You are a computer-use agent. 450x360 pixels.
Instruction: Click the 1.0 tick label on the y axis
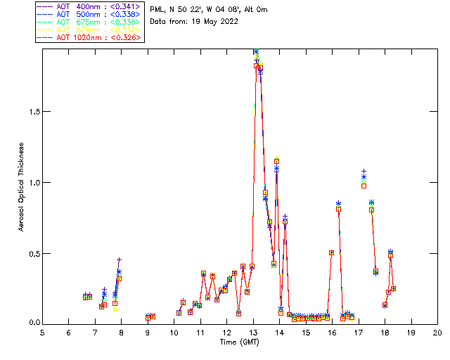point(32,183)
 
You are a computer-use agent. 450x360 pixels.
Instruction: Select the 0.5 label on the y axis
point(32,253)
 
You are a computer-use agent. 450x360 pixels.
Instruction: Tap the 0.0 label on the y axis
point(32,323)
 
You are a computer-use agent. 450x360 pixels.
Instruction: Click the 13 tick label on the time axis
point(253,332)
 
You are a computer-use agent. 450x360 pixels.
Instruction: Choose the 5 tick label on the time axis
point(42,332)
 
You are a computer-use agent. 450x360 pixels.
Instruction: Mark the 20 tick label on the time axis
point(437,332)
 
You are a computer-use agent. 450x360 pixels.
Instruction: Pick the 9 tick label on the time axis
point(148,332)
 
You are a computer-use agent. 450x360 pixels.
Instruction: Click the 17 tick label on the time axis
point(359,332)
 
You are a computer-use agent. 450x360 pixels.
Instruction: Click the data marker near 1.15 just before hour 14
point(277,162)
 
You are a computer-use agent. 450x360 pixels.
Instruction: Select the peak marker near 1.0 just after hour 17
point(364,185)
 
